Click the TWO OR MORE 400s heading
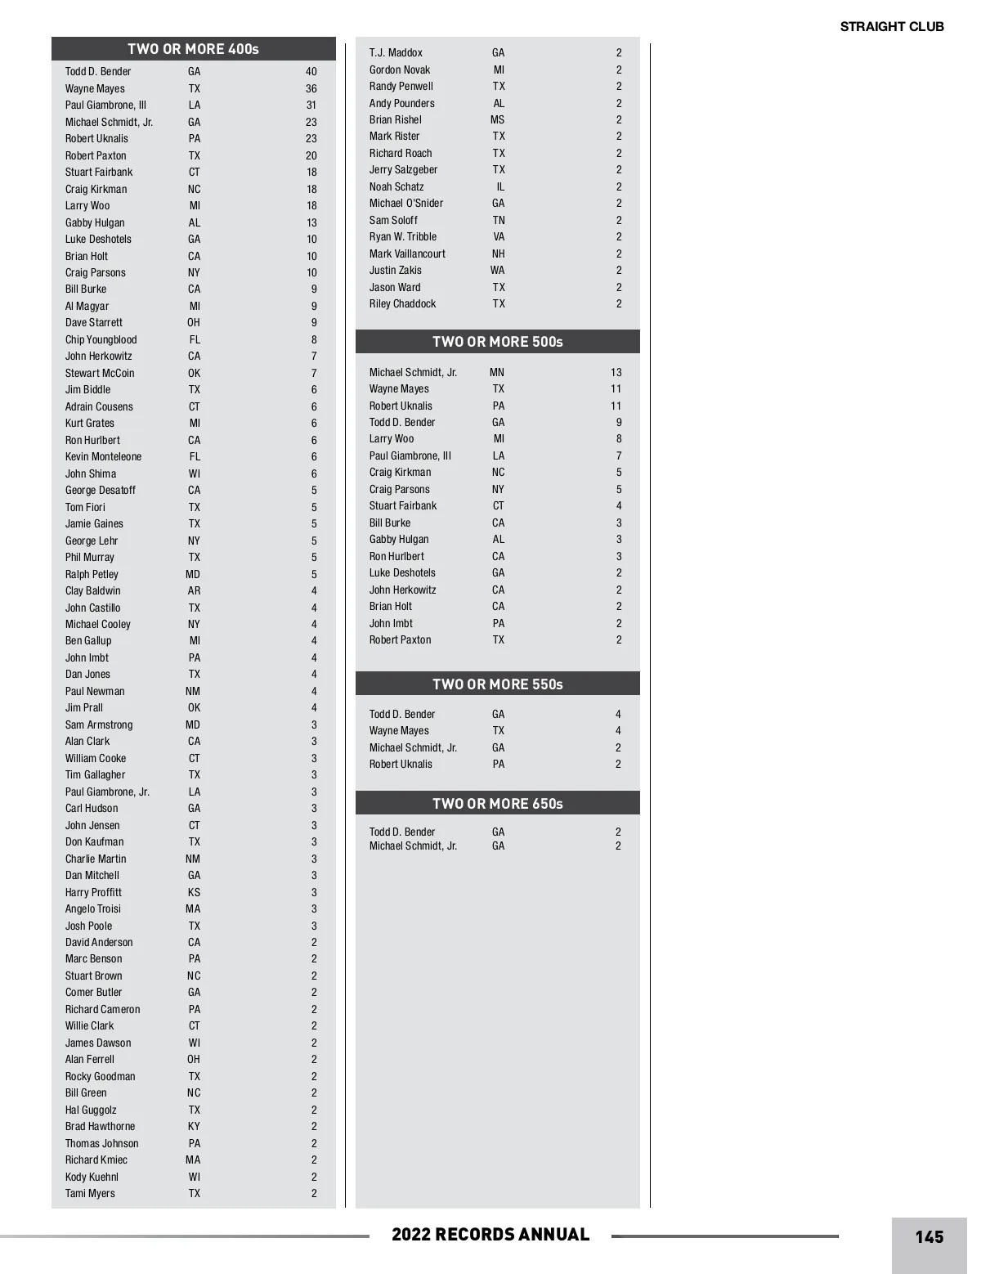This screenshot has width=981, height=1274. click(193, 49)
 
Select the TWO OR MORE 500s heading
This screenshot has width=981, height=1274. click(497, 342)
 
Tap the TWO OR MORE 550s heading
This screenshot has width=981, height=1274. click(497, 684)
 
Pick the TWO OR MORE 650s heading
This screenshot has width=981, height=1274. click(497, 804)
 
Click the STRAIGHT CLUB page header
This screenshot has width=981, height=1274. click(892, 26)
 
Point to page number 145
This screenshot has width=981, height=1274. click(929, 1237)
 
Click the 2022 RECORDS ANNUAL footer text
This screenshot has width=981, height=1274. click(490, 1235)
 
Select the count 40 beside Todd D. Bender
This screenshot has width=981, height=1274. click(311, 72)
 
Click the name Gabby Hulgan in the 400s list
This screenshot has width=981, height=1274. click(95, 222)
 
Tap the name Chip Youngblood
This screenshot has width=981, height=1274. click(101, 339)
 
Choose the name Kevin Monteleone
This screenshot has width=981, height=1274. click(103, 457)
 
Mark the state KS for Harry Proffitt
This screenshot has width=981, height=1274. click(194, 892)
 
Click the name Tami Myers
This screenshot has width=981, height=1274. click(90, 1194)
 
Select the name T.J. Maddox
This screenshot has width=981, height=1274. click(396, 53)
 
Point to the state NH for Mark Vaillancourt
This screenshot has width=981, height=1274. click(499, 254)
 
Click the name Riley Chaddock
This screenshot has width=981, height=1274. click(402, 304)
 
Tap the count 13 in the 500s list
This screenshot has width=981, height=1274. click(616, 373)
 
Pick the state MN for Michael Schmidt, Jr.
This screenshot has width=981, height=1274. click(497, 373)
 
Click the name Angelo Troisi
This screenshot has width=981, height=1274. click(93, 909)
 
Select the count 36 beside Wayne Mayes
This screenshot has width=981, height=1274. click(311, 89)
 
